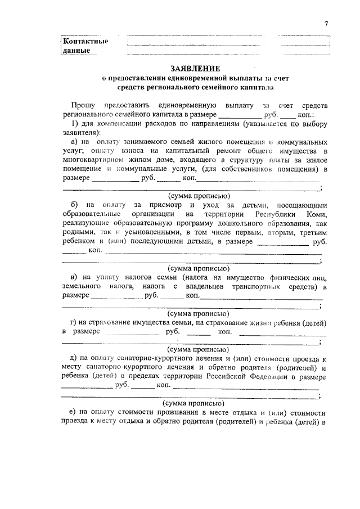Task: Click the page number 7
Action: (326, 23)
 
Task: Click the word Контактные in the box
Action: (85, 41)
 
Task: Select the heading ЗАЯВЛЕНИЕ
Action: (187, 69)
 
